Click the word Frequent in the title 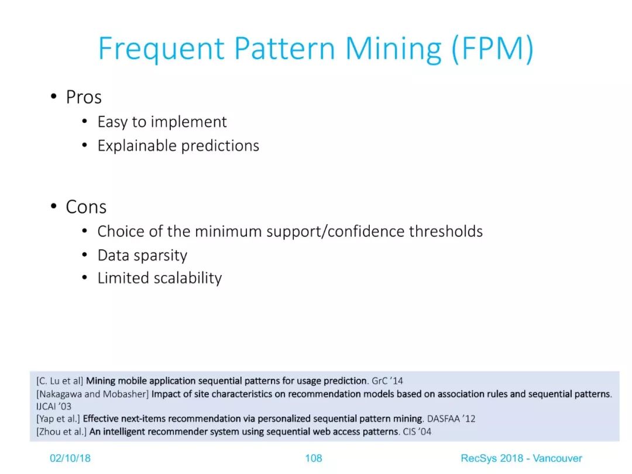[x=162, y=49]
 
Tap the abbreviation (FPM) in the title [x=493, y=49]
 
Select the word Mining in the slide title [x=393, y=49]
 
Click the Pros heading [x=84, y=97]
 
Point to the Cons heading [x=86, y=207]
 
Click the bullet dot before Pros [x=54, y=97]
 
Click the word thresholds [x=446, y=231]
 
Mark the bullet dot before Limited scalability [x=84, y=278]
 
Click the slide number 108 [x=314, y=458]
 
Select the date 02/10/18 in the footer [x=70, y=458]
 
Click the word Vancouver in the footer [x=558, y=458]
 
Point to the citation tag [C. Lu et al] [x=60, y=381]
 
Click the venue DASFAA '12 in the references [x=451, y=419]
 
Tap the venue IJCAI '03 [x=54, y=406]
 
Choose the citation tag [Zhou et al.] [x=61, y=432]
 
